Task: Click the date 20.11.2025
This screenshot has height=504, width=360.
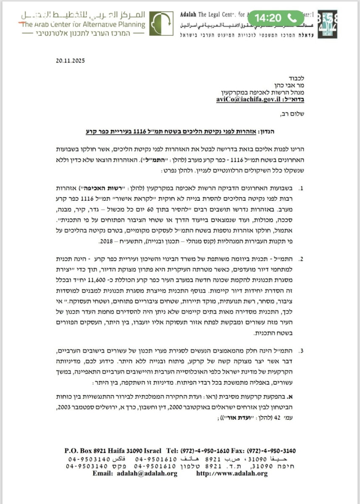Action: pyautogui.click(x=70, y=60)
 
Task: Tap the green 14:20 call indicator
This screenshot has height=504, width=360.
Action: pyautogui.click(x=276, y=18)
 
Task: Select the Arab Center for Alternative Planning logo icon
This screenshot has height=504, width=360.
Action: pyautogui.click(x=161, y=24)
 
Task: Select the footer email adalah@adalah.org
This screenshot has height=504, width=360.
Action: pyautogui.click(x=150, y=473)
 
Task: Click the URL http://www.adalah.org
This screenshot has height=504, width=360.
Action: pyautogui.click(x=232, y=473)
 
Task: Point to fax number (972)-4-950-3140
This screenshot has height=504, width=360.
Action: pyautogui.click(x=273, y=451)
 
